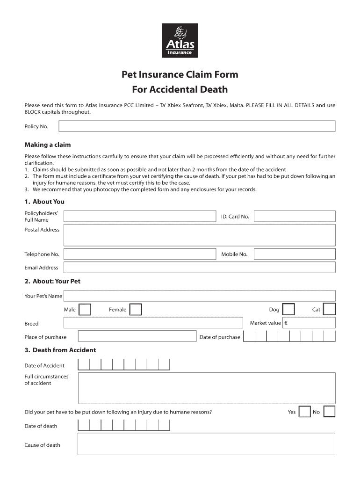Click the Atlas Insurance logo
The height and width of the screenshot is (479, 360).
[180, 41]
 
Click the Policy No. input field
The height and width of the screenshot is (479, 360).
[196, 126]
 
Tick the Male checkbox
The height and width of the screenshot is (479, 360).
[85, 310]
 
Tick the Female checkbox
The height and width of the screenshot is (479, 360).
[136, 310]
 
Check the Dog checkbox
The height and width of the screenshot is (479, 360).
[288, 310]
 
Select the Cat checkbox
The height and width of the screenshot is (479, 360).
[329, 310]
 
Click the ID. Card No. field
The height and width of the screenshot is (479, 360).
[295, 216]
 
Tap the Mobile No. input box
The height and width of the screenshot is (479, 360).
[295, 254]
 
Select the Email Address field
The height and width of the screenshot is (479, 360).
[200, 268]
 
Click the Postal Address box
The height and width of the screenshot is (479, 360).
[200, 235]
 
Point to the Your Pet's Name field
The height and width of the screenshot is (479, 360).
[200, 296]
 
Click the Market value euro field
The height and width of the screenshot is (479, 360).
[312, 323]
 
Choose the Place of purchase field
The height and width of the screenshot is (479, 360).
[137, 336]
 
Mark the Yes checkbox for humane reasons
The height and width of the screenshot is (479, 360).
[304, 412]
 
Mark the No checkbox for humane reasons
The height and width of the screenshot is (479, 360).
[329, 412]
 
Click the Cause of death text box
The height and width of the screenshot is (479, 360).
[206, 444]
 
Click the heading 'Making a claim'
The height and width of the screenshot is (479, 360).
[48, 145]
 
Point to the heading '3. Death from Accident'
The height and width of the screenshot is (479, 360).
[60, 350]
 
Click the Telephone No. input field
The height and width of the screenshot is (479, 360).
[140, 254]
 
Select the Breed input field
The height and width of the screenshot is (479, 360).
[153, 323]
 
